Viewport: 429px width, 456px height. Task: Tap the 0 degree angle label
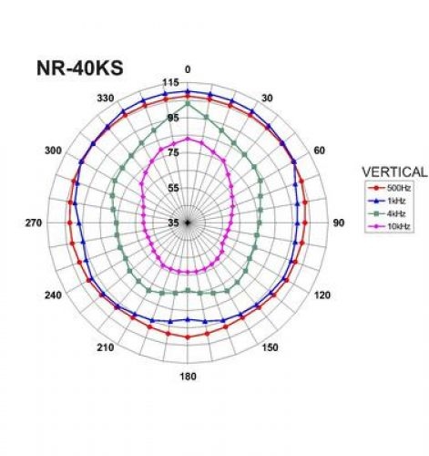tap(188, 69)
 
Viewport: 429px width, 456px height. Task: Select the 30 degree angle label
tap(268, 98)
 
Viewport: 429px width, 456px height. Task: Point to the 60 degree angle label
tap(320, 150)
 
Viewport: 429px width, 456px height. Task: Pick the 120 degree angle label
tap(320, 295)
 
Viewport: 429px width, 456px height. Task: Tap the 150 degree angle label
tap(270, 347)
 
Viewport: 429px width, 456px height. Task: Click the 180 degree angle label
tap(188, 377)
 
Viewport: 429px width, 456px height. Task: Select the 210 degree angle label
tap(106, 347)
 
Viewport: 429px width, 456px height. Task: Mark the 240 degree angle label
tap(53, 295)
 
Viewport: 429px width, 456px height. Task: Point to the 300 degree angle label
tap(53, 150)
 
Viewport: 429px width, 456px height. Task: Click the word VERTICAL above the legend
tap(393, 171)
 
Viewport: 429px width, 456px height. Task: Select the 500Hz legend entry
tap(393, 188)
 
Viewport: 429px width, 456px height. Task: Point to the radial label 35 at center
tap(173, 223)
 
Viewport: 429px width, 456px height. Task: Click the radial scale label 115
tap(171, 84)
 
